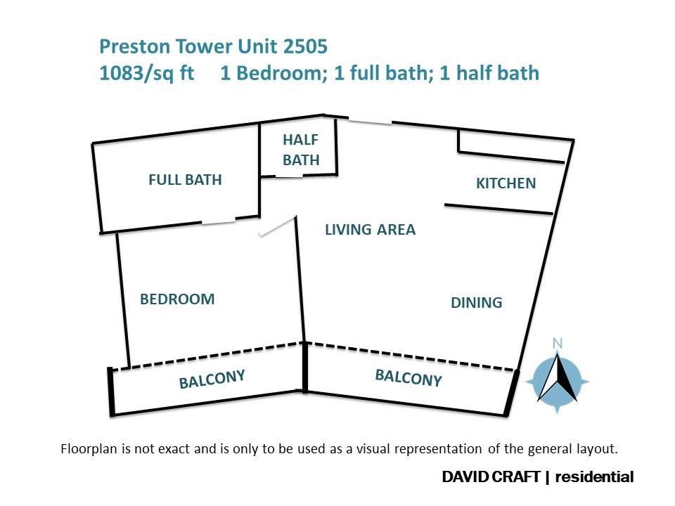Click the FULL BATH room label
coord(185,179)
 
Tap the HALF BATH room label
coord(301,150)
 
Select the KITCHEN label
coord(506,183)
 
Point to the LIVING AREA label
coord(371,229)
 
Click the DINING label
coord(477,302)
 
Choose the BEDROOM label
coord(177,299)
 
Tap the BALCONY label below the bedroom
coord(212,379)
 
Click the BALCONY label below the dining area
coord(409,378)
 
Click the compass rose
coord(558,381)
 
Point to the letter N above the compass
coord(558,343)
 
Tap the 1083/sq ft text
coord(147,73)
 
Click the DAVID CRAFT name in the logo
coord(491,476)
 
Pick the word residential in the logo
coord(595,476)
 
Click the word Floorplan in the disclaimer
coord(89,449)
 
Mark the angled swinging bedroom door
coord(277,227)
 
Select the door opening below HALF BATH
coord(289,176)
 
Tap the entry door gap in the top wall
coord(370,121)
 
